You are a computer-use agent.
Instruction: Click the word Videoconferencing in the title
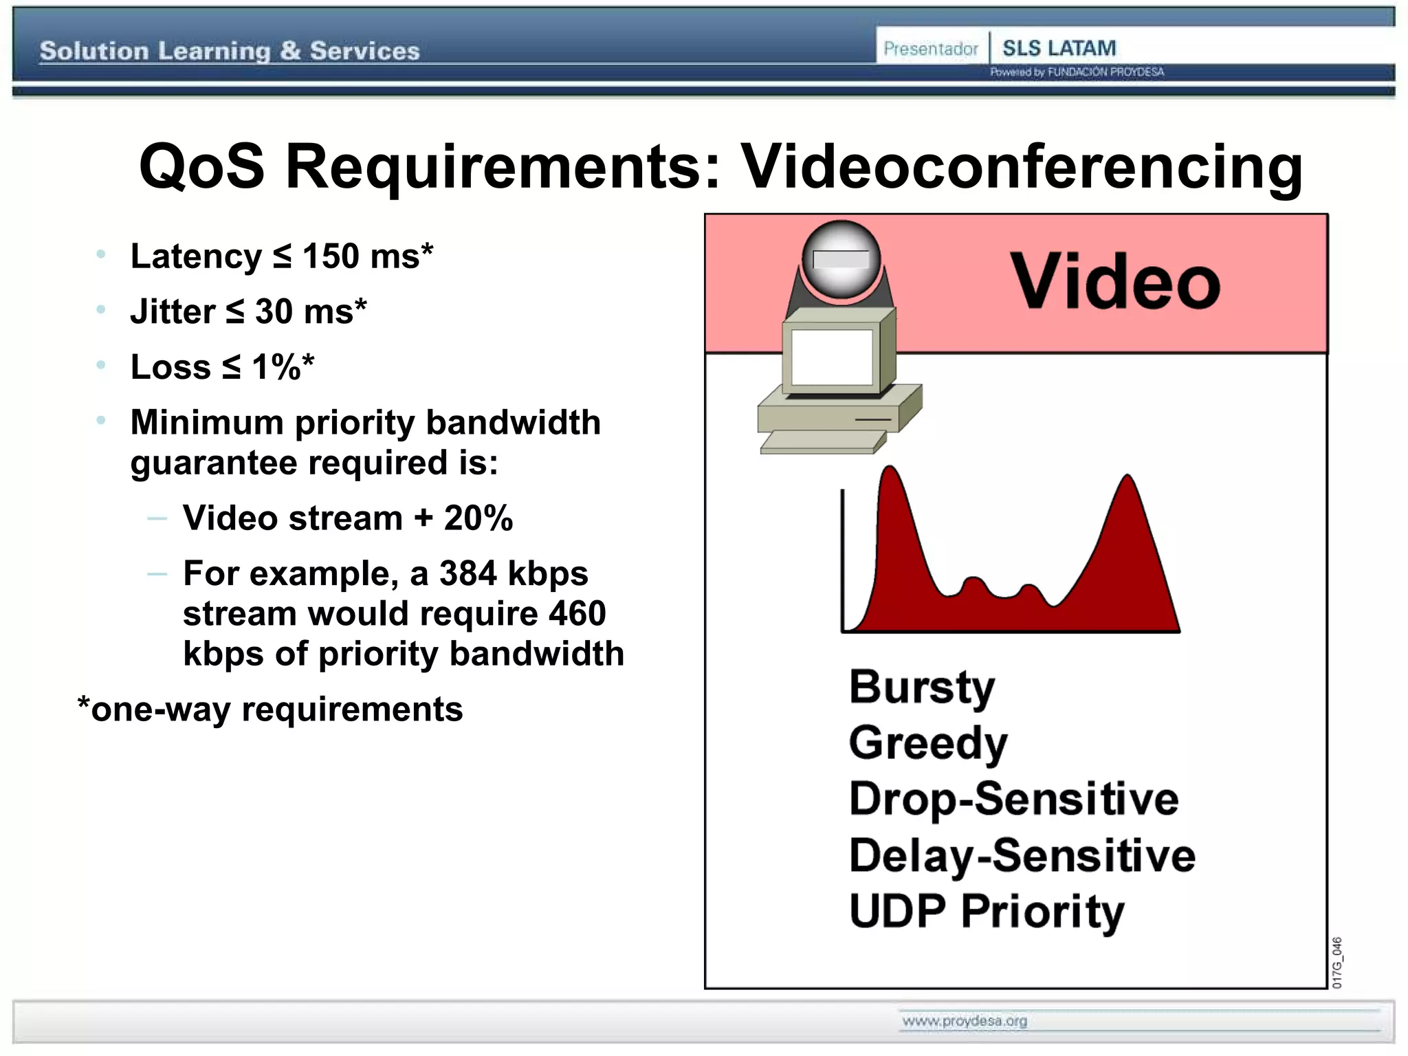point(1020,167)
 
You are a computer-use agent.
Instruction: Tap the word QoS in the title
point(201,167)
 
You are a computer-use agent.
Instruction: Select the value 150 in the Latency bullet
point(331,256)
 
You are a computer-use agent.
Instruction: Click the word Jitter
point(173,311)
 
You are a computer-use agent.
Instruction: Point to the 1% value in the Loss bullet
point(276,367)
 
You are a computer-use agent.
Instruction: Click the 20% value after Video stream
point(478,518)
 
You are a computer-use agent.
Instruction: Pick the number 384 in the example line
point(467,573)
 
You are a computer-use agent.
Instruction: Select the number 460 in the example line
point(577,613)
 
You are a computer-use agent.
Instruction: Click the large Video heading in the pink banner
point(1114,283)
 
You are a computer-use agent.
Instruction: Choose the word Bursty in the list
point(921,687)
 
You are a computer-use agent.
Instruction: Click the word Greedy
point(928,743)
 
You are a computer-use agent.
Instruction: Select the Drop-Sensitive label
point(1014,799)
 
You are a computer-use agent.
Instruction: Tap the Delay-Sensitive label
point(1022,855)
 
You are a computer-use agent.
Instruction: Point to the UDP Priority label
point(987,912)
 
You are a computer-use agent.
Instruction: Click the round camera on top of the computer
point(841,260)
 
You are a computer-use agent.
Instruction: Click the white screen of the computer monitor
point(832,357)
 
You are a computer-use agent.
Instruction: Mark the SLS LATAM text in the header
point(1059,48)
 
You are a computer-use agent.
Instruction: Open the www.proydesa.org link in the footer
point(965,1021)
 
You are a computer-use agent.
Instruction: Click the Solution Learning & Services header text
point(230,51)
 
